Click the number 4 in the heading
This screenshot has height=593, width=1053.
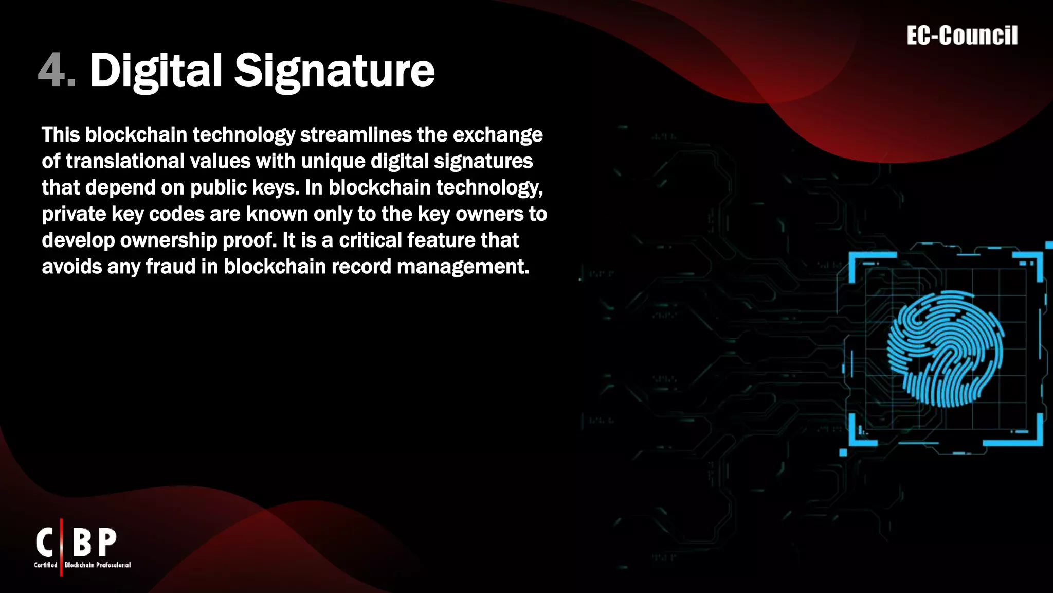tap(51, 71)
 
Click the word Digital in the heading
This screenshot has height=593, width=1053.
tap(156, 71)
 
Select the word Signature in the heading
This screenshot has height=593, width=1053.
tap(334, 71)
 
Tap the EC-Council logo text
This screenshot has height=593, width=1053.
tap(962, 36)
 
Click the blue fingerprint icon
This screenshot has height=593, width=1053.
tap(945, 349)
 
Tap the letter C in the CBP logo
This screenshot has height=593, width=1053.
tap(45, 543)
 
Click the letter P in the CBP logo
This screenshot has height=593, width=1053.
tap(107, 543)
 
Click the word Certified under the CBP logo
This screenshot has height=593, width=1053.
tap(46, 565)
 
